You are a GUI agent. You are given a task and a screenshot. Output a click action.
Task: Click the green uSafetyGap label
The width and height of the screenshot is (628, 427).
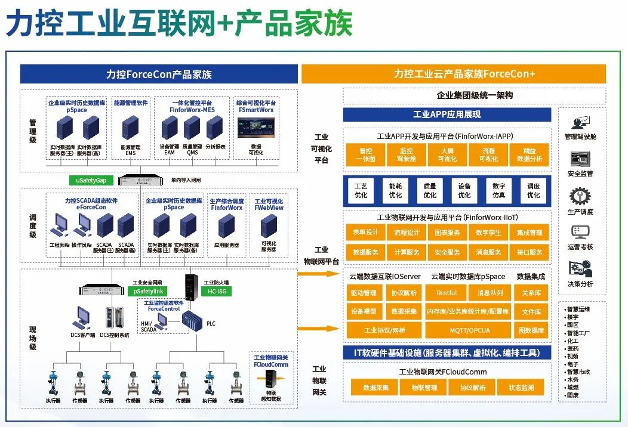(90, 180)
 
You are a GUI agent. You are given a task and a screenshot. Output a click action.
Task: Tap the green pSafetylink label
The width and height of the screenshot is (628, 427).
(146, 291)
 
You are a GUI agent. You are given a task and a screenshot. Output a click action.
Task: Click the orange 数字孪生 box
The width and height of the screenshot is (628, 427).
(488, 233)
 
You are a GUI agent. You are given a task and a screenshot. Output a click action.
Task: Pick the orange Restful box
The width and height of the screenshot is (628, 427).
(447, 293)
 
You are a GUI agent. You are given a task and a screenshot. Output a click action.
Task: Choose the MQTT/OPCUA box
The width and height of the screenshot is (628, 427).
(468, 330)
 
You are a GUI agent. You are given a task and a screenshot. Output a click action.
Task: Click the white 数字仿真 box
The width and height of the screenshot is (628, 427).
(499, 190)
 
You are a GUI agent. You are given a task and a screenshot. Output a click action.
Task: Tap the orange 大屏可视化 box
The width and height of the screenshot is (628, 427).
(447, 155)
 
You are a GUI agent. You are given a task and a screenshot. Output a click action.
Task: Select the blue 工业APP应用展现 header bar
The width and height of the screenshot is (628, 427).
(447, 115)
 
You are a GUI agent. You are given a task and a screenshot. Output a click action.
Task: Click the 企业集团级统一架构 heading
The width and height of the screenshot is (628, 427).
(475, 95)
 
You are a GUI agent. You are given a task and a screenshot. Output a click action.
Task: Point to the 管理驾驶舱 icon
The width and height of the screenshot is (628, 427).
(580, 123)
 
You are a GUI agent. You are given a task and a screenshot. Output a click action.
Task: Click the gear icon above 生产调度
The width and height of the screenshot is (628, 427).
(580, 197)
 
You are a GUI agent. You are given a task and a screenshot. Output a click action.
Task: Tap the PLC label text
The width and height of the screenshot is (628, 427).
(211, 324)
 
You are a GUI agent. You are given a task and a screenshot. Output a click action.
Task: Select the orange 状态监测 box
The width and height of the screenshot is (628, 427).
(522, 388)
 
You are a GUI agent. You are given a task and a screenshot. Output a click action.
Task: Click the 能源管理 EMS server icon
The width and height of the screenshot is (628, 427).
(131, 128)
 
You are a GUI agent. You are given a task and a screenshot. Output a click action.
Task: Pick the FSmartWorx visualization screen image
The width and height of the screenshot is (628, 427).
(256, 128)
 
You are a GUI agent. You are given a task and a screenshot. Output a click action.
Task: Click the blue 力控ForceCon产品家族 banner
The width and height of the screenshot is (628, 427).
(159, 75)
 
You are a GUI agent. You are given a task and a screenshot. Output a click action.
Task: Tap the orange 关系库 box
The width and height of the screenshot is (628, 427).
(531, 293)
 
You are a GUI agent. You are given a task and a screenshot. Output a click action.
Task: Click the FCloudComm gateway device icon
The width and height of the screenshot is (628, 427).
(271, 378)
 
